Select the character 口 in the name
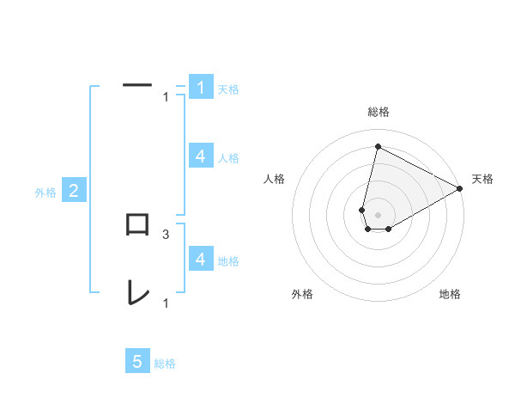(x=137, y=225)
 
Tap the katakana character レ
(x=137, y=292)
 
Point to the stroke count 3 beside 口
(x=166, y=234)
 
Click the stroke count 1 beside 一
(x=166, y=97)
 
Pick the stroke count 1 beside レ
(x=166, y=303)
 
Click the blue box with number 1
(x=200, y=88)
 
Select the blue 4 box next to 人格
(x=200, y=156)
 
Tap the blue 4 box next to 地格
(x=200, y=259)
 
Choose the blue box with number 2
(x=74, y=191)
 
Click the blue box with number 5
(x=137, y=361)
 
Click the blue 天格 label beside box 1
(x=228, y=89)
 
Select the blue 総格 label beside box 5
(x=165, y=364)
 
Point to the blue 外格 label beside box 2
(x=45, y=193)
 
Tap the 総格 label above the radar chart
(x=379, y=112)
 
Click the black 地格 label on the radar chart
(x=450, y=295)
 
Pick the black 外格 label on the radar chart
(x=302, y=295)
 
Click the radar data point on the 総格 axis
(x=378, y=146)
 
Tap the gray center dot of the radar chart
(x=378, y=214)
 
